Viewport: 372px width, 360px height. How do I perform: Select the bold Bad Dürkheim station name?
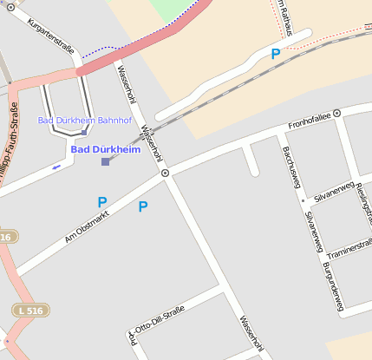(105, 149)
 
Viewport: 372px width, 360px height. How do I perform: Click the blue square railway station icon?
(106, 161)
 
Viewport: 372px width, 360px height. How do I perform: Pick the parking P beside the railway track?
(276, 54)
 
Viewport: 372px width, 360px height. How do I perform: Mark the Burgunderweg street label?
(333, 286)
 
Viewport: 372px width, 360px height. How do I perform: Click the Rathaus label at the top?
(292, 16)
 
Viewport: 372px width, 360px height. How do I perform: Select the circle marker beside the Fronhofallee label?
(336, 113)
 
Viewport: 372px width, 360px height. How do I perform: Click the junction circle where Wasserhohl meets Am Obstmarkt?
(165, 173)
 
